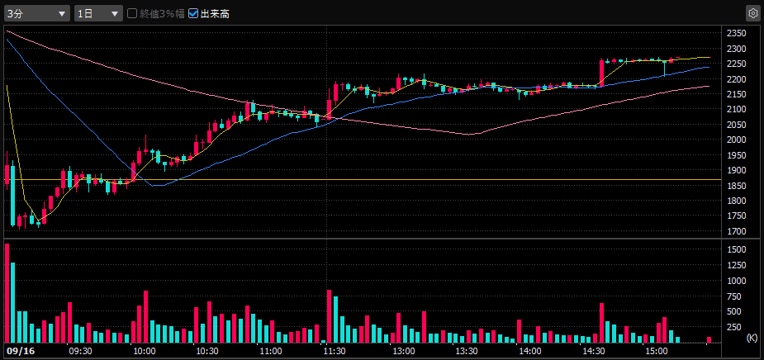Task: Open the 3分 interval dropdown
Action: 37,13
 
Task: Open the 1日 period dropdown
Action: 97,13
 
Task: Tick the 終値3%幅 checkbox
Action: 132,13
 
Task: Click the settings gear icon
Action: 752,13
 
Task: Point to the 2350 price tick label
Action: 736,34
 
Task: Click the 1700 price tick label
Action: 736,231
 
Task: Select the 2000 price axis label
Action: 736,140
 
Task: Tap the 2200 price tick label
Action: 736,79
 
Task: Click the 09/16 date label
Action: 18,351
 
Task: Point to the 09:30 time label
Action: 80,351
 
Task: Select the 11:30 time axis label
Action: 334,351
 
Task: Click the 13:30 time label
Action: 467,351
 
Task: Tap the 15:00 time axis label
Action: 657,351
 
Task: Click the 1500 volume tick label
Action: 736,249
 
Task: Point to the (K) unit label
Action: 752,339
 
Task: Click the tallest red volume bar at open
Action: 7,293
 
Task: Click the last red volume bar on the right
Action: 709,339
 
